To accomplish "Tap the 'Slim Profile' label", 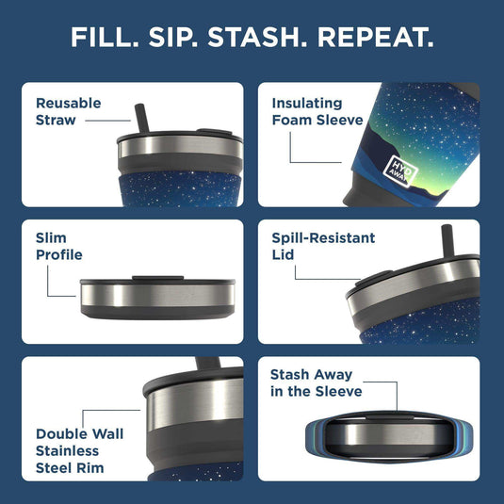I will (x=59, y=247).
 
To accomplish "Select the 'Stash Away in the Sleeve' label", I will (x=316, y=382).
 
